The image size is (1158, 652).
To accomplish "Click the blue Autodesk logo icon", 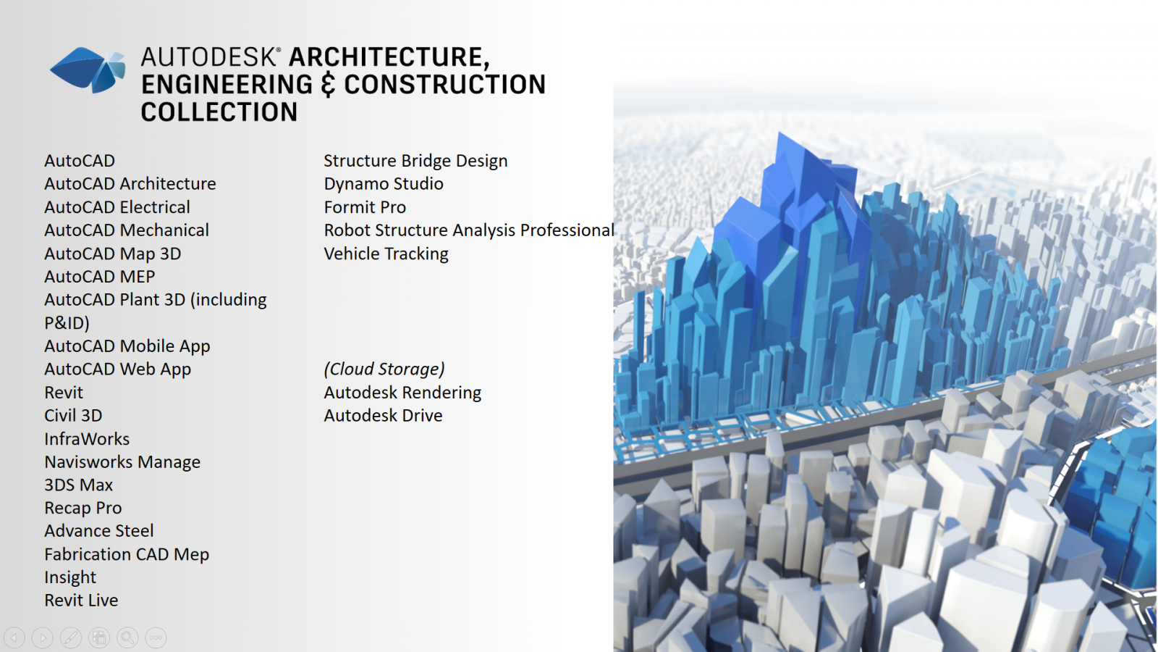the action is [x=88, y=70].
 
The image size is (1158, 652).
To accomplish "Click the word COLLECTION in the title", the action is [x=219, y=112].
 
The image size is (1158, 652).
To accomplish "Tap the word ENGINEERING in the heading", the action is [x=227, y=84].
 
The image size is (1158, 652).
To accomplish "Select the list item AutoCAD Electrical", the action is [x=117, y=207].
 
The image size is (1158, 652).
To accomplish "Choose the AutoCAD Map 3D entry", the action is [x=113, y=254].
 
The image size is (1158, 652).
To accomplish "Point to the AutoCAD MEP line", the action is [x=100, y=276].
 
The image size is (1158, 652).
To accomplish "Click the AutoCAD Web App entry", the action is [x=118, y=369].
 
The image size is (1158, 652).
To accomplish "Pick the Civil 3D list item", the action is [x=73, y=416].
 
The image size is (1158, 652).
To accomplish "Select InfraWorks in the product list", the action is [x=87, y=439].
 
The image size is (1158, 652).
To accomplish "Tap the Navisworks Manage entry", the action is [x=122, y=462].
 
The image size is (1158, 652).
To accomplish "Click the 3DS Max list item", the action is [x=79, y=485].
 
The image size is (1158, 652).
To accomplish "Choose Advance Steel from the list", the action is [x=99, y=531].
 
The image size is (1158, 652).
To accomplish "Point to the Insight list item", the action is [x=70, y=577].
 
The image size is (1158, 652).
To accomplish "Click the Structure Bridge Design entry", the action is [x=415, y=161].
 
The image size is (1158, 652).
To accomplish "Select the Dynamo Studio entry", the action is [x=384, y=184].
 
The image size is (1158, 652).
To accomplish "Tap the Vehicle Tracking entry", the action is [x=386, y=254].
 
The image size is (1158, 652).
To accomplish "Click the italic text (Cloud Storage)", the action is [x=384, y=369].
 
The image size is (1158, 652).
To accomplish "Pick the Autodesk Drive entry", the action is [x=383, y=416].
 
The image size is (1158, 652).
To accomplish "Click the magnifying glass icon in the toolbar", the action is [x=127, y=638].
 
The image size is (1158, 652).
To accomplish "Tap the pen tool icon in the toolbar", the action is [x=71, y=638].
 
